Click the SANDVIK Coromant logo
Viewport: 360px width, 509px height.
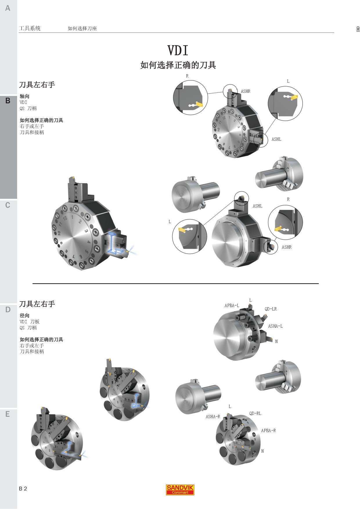click(x=180, y=490)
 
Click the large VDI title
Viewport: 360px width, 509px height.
click(x=178, y=50)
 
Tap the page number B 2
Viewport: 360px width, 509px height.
click(x=23, y=489)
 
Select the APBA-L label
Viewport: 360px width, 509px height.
click(x=232, y=306)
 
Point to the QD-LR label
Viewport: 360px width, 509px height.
click(x=271, y=309)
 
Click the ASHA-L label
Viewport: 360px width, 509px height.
click(x=275, y=326)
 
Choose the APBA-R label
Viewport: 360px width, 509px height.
click(x=268, y=431)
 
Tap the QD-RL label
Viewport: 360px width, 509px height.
click(x=255, y=414)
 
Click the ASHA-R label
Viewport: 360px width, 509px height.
click(x=213, y=417)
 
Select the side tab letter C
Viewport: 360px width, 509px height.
click(x=8, y=205)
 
